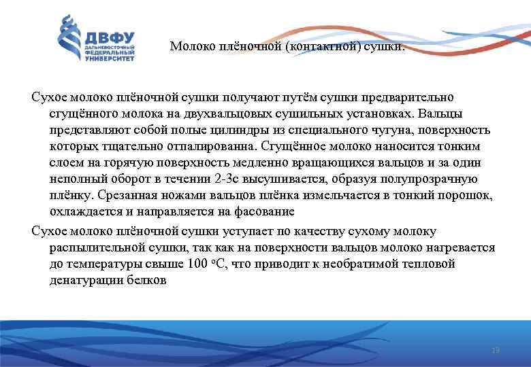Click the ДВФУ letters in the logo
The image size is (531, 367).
click(x=110, y=37)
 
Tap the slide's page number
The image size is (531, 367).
click(x=495, y=350)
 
